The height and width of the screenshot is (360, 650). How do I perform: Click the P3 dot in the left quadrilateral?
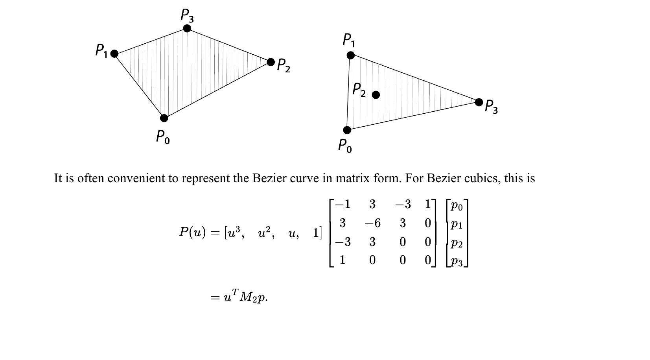click(187, 28)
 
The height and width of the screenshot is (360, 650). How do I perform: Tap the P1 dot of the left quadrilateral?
click(114, 54)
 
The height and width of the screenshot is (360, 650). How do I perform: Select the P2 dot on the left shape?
click(271, 62)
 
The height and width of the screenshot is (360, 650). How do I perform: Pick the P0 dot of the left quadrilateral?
click(164, 118)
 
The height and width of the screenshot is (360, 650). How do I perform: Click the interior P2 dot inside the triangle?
click(376, 95)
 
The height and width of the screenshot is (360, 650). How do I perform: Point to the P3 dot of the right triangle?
click(479, 102)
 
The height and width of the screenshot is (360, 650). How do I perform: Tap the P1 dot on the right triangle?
click(350, 55)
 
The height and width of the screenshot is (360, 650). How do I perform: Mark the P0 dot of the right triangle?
click(347, 130)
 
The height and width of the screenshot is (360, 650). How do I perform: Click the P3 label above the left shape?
click(187, 15)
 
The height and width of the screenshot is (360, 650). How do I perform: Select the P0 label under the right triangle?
click(345, 146)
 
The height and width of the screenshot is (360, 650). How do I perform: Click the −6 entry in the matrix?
click(373, 223)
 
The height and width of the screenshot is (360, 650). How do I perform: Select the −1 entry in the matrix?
click(343, 204)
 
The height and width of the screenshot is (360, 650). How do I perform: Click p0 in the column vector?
click(457, 206)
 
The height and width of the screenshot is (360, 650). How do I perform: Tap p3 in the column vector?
click(457, 262)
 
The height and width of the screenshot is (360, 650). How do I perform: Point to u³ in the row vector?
click(234, 232)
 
